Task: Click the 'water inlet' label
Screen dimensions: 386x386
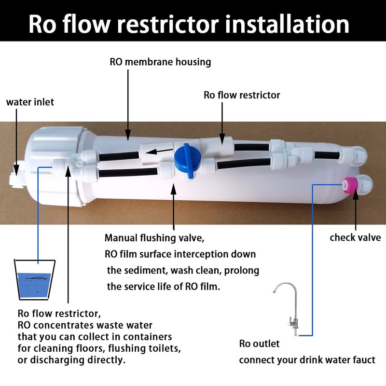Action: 30,102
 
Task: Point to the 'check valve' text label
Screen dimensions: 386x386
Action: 355,237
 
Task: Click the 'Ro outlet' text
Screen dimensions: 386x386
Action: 260,344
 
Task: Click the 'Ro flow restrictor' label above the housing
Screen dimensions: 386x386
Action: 242,95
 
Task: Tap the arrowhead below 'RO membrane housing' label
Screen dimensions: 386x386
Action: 128,137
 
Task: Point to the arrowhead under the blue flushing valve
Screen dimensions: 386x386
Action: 174,184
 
